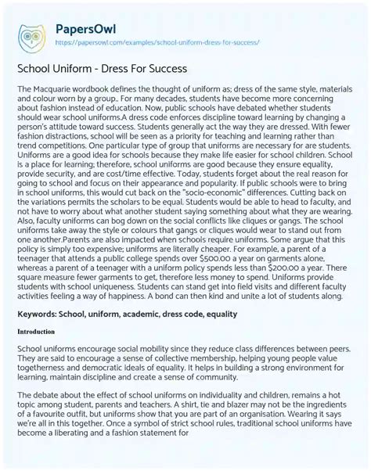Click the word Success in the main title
163,67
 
